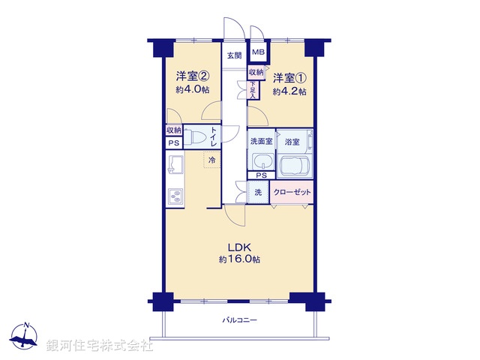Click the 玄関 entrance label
pos(235,55)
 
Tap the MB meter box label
pos(258,52)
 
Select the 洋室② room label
pos(193,76)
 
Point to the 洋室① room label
pos(289,78)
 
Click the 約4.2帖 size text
pos(289,91)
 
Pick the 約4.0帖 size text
pos(193,89)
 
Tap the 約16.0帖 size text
pos(239,259)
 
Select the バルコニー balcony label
pos(239,320)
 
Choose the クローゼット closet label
pos(292,193)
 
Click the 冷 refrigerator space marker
pos(212,160)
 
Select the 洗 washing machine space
pos(259,192)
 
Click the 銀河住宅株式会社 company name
pos(99,346)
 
